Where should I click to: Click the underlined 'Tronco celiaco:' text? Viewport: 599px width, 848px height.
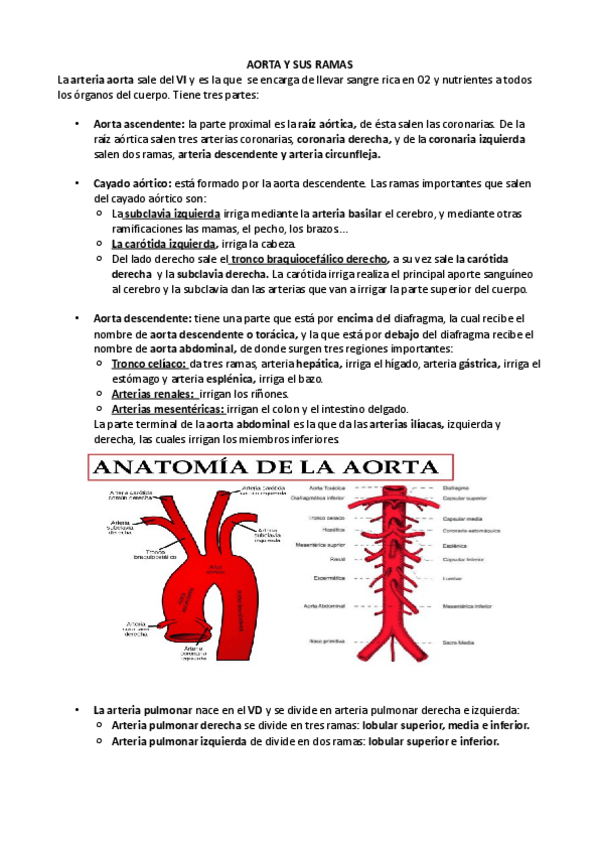[x=148, y=364]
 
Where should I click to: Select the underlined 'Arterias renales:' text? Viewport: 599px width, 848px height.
[x=153, y=394]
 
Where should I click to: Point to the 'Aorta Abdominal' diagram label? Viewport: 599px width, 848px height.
[x=323, y=606]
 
